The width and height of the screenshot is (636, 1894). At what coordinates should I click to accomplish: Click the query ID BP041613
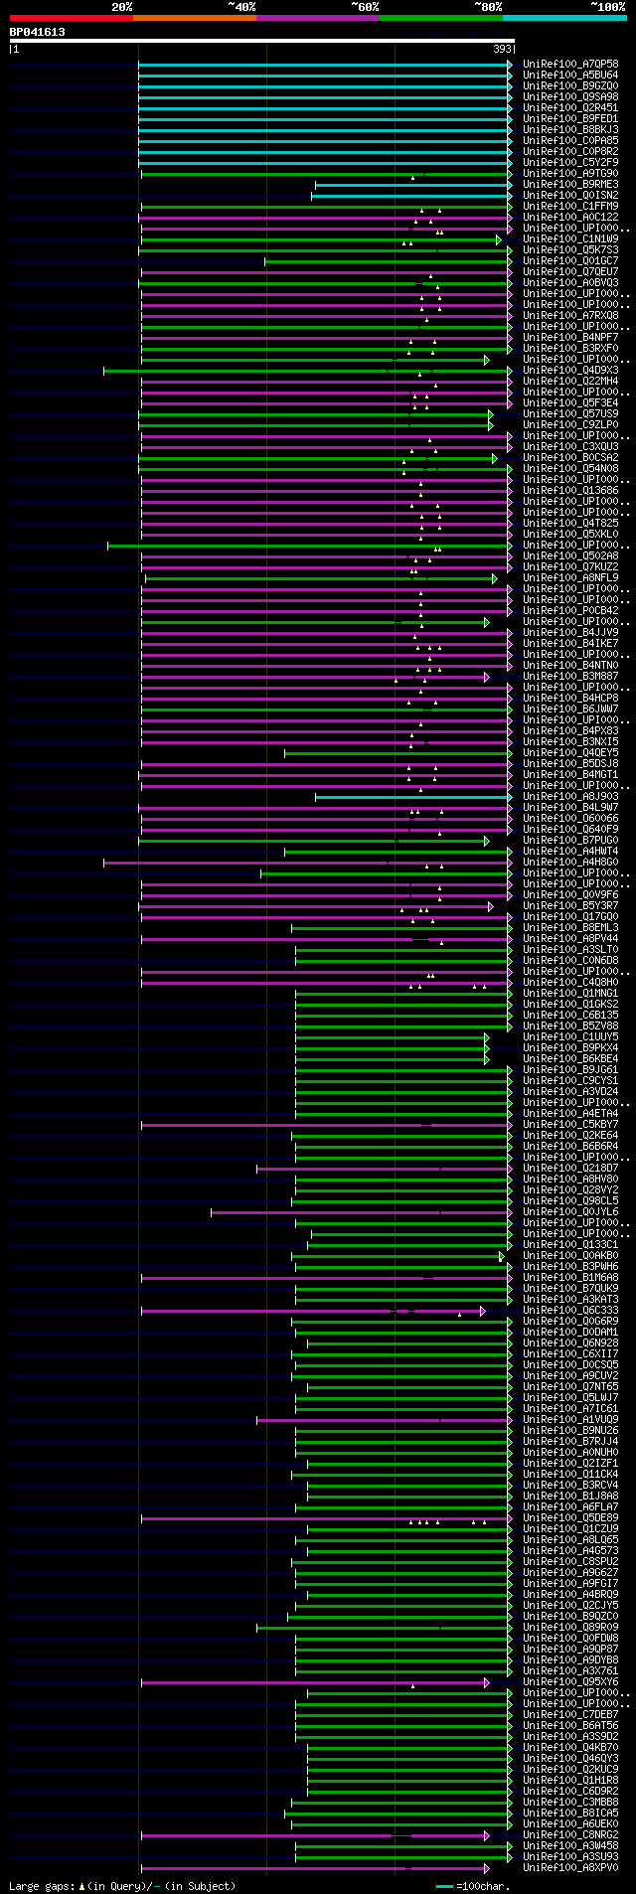coord(38,32)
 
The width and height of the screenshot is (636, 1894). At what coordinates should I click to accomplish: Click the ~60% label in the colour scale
coord(365,7)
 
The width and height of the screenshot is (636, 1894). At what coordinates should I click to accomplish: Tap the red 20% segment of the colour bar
coord(70,18)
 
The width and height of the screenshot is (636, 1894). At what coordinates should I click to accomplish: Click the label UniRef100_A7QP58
coord(570,65)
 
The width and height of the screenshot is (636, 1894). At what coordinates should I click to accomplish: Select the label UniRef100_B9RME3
coord(570,185)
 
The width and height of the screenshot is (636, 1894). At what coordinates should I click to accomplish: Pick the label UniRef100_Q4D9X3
coord(570,371)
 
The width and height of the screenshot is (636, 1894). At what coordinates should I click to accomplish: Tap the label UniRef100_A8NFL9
coord(570,578)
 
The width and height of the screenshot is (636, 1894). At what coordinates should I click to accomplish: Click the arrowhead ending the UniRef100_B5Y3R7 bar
coord(490,906)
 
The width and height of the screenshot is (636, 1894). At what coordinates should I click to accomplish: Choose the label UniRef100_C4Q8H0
coord(570,983)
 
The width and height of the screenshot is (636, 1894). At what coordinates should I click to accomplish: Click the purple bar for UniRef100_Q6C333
coord(298,1311)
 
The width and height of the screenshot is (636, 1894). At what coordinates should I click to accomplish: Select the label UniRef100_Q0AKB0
coord(570,1256)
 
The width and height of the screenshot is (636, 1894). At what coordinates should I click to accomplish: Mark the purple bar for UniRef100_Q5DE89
coord(298,1518)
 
